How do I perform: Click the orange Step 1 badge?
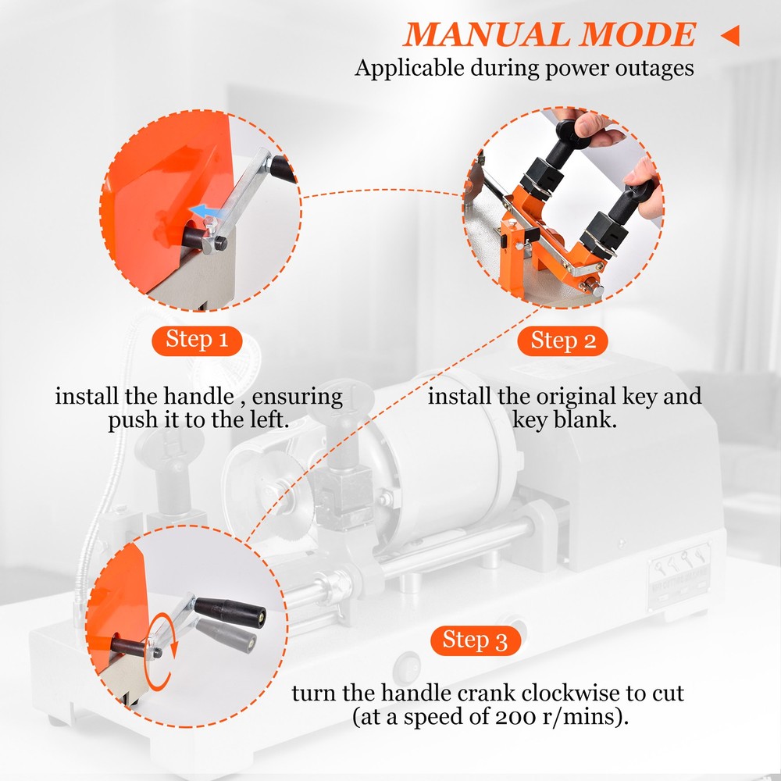coord(198,340)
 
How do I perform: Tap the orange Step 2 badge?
coord(563,341)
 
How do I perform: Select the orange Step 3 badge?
coord(475,640)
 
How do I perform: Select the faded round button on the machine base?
coord(407,669)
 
